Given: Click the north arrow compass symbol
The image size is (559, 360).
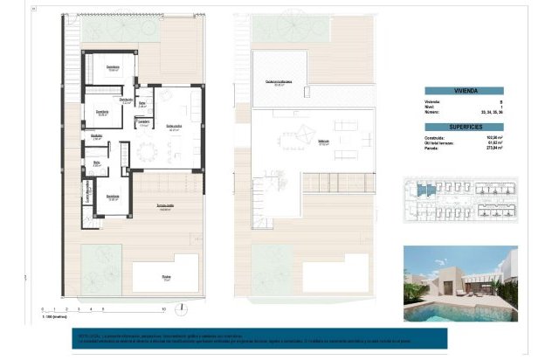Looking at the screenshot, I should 179,308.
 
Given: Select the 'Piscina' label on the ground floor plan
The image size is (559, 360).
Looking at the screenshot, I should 166,278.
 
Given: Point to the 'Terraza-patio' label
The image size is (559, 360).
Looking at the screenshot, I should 165,205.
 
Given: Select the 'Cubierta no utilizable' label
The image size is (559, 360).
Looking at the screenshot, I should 279,82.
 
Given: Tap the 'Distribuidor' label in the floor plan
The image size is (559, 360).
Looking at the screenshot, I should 98,135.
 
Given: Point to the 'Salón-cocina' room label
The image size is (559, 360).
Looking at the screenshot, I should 175,125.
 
